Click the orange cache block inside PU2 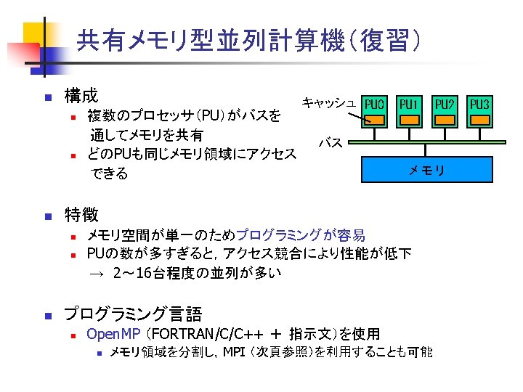(x=445, y=120)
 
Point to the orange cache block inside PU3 (x=480, y=120)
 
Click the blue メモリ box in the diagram (x=426, y=170)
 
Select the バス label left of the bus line (x=331, y=142)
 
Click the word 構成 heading (x=81, y=95)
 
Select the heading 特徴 (x=81, y=214)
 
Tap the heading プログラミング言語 (x=133, y=314)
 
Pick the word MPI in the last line (x=235, y=353)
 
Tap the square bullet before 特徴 (x=46, y=216)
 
